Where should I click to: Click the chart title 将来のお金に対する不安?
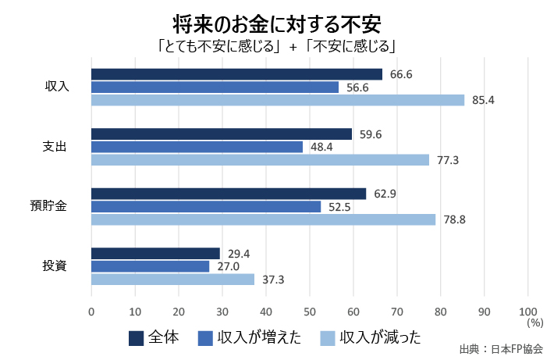click(x=277, y=20)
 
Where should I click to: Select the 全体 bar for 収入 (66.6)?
click(x=236, y=74)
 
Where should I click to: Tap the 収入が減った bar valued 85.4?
click(x=278, y=100)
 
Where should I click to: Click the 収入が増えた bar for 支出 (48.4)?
click(x=197, y=147)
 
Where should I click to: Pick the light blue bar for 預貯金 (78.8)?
click(x=263, y=219)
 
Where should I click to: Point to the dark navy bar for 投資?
click(x=155, y=253)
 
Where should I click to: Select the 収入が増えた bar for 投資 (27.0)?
click(x=150, y=266)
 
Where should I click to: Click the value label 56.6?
click(x=359, y=87)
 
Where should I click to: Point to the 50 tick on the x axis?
click(x=310, y=312)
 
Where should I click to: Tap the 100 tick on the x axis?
click(x=527, y=312)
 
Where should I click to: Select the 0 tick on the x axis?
click(x=91, y=312)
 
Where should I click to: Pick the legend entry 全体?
click(x=154, y=337)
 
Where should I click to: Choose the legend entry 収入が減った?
click(x=370, y=337)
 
